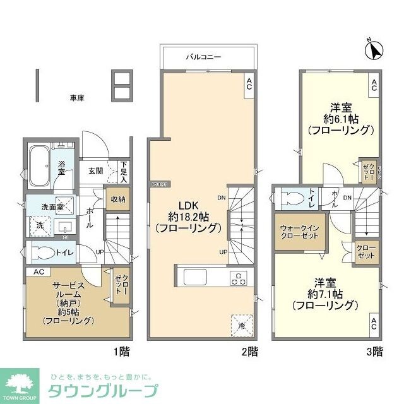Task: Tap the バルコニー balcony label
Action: click(203, 57)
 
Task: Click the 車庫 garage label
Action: click(77, 98)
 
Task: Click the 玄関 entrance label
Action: click(95, 170)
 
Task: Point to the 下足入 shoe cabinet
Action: click(124, 171)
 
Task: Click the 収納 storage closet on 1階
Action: click(118, 199)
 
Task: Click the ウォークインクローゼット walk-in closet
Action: click(300, 232)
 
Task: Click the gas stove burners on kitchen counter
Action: click(239, 278)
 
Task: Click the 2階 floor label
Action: click(248, 351)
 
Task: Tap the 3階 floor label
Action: click(374, 351)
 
